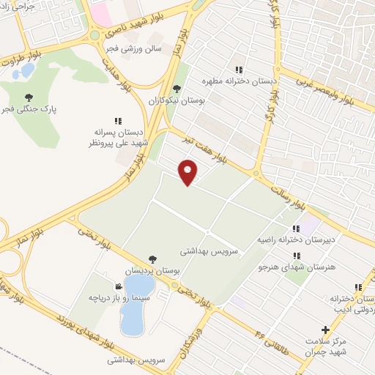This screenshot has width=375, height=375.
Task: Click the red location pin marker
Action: coord(188,171)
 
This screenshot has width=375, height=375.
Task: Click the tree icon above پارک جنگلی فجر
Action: coord(29,97)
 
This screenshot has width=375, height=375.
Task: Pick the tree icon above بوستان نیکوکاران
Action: coord(176,88)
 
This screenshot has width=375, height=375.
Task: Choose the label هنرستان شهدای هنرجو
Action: coord(296,268)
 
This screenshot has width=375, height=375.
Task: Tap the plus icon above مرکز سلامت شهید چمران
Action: coord(326,330)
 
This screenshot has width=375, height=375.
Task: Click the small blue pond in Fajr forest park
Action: coord(27,71)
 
